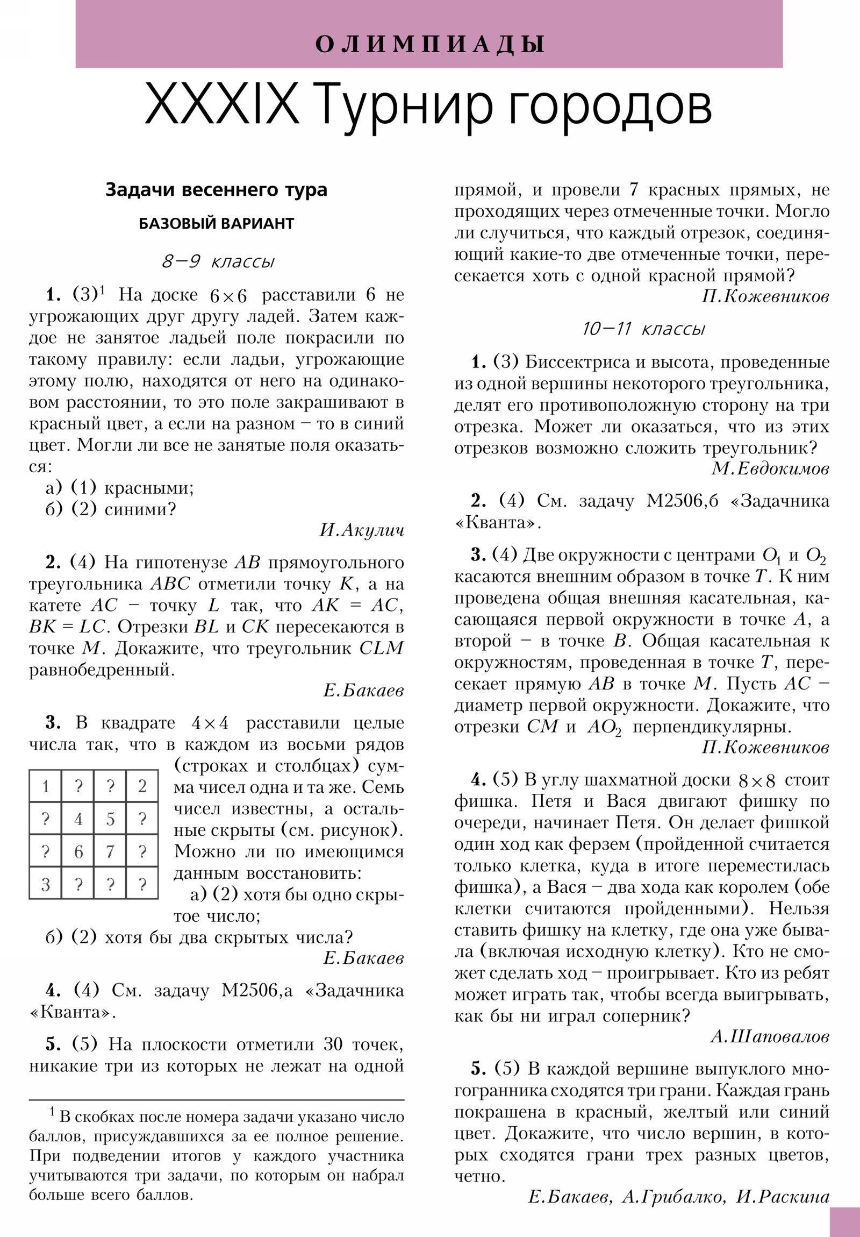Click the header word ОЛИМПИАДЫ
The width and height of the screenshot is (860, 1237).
coord(429,44)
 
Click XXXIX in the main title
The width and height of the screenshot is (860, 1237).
coord(221,104)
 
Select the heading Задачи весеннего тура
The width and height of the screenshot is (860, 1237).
coord(216,190)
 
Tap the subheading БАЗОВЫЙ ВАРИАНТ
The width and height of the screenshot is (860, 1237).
coord(216,224)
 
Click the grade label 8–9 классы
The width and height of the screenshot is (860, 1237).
coord(218,262)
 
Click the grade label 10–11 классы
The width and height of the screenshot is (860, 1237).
coord(643,329)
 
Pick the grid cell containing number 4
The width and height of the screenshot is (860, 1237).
coord(78,819)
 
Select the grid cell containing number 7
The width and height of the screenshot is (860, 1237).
coord(110,851)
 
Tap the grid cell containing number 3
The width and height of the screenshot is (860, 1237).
coord(46,884)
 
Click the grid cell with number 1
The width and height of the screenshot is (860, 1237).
coord(46,787)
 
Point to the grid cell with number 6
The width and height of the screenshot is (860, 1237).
coord(78,851)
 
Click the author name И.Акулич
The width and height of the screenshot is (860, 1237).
coord(361,531)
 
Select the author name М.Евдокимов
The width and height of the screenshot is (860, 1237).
coord(770,469)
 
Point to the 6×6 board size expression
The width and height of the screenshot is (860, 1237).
coord(228,296)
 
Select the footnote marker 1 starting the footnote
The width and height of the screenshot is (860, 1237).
coord(52,1112)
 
